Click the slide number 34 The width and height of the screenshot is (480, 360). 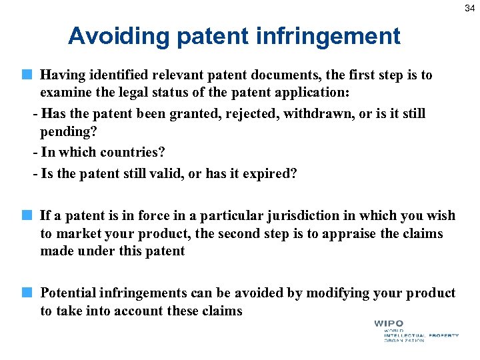[469, 8]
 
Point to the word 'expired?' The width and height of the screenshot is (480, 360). [269, 174]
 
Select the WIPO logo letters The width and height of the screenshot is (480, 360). [389, 325]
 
